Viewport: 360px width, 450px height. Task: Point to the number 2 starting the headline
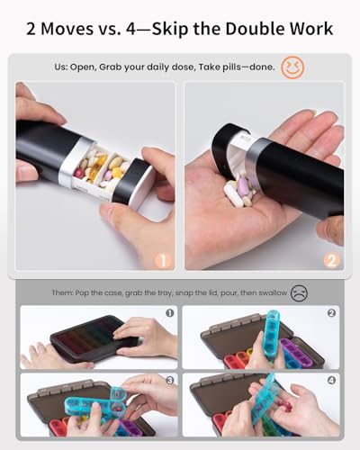click(x=33, y=29)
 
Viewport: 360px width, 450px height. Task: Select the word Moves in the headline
click(x=76, y=29)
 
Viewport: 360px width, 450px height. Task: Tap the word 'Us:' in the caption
click(x=81, y=67)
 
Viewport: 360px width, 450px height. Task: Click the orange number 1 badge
click(x=163, y=261)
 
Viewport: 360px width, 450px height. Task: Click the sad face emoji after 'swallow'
click(x=299, y=292)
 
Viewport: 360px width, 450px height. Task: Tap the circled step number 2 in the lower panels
click(x=330, y=314)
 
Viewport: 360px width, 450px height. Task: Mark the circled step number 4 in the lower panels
click(x=330, y=382)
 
